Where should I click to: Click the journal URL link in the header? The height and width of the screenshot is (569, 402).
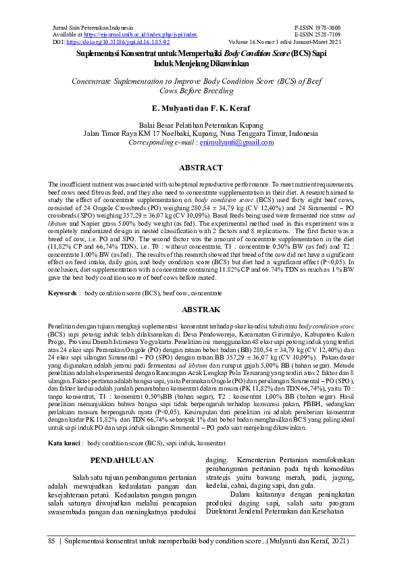click(x=140, y=33)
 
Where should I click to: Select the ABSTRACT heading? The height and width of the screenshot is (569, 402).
click(x=200, y=167)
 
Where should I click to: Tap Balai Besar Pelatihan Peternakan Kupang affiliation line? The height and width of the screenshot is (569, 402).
click(x=200, y=125)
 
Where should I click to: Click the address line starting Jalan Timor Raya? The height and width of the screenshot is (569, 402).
click(x=200, y=134)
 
